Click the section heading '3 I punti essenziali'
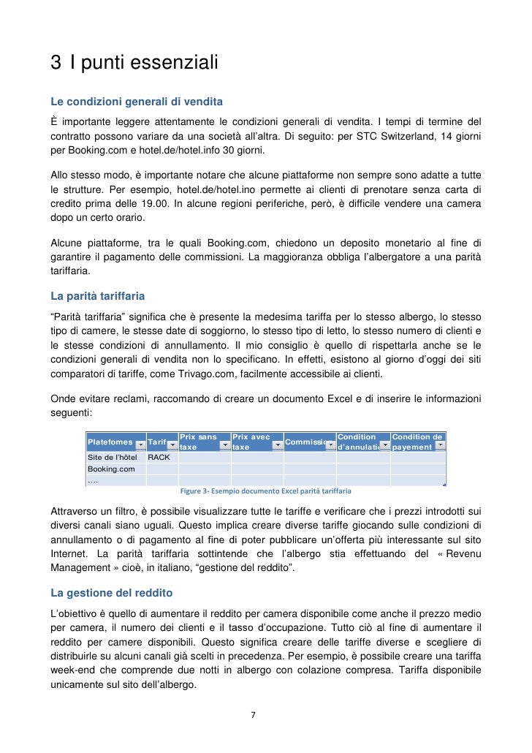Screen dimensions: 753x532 pos(134,64)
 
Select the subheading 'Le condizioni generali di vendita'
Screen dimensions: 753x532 pos(136,100)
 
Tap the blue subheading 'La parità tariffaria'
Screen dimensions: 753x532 pos(97,296)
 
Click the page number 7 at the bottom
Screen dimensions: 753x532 pos(253,715)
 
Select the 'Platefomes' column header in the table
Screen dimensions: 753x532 pos(110,442)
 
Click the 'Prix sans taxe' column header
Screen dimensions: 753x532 pos(199,442)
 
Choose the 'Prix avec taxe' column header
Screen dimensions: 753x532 pos(251,442)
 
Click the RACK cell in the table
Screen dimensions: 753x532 pos(159,458)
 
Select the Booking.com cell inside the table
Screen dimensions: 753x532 pos(111,469)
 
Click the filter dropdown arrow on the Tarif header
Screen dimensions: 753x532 pos(172,446)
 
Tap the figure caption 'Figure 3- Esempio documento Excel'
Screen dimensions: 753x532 pos(266,491)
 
